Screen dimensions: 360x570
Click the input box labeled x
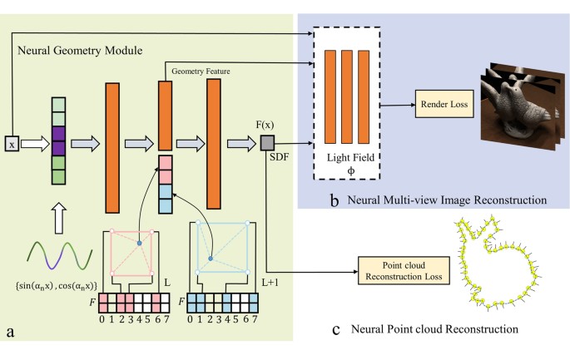tap(12, 143)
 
